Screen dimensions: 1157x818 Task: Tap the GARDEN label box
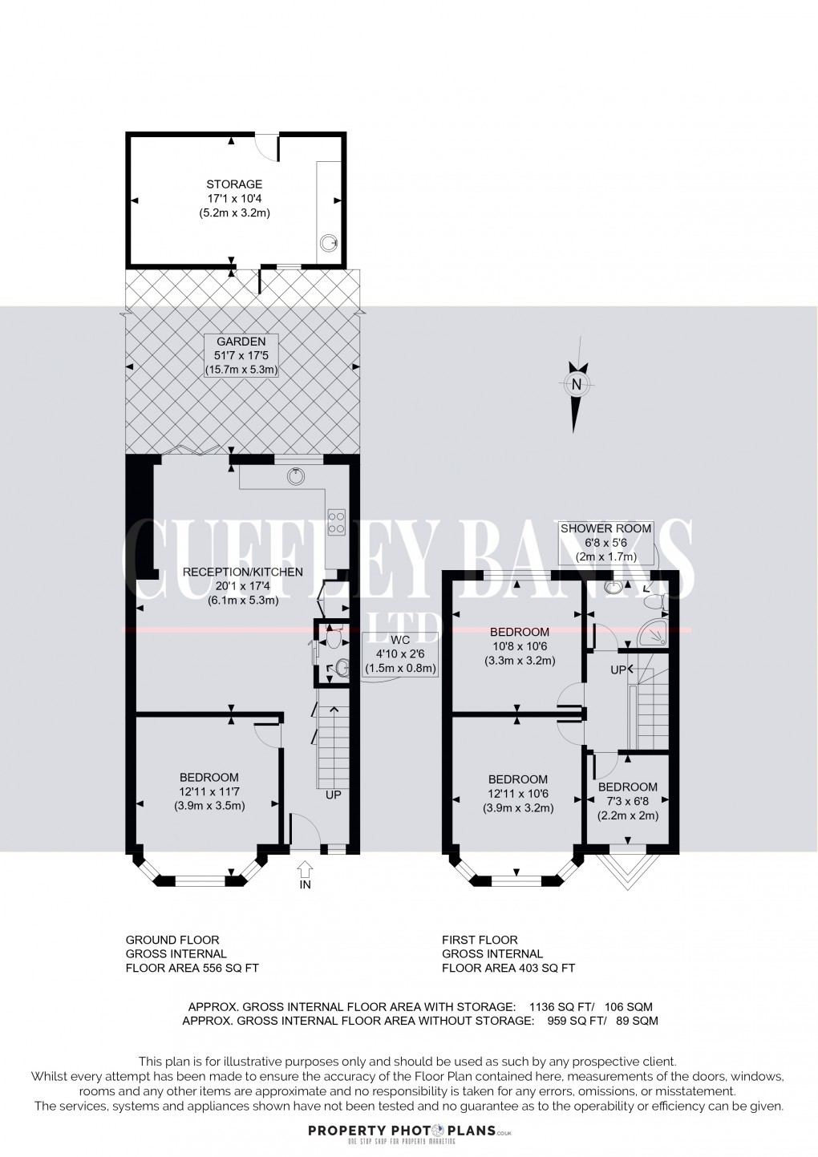point(241,355)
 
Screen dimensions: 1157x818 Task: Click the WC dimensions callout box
point(400,653)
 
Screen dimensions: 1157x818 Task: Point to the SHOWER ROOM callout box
point(606,542)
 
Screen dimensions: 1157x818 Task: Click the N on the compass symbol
point(576,384)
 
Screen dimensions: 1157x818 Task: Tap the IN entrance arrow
point(305,869)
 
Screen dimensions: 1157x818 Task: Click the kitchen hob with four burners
point(336,522)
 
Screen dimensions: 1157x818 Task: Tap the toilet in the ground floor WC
point(334,639)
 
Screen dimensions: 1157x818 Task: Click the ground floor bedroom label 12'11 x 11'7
point(209,791)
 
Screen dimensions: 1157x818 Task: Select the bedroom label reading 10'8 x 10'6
point(519,646)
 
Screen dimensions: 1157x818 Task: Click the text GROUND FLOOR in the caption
point(172,940)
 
